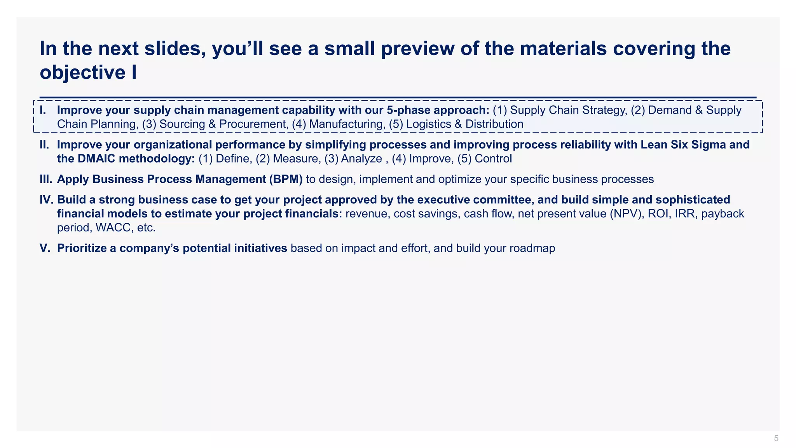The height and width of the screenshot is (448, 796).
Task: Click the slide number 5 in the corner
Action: click(776, 439)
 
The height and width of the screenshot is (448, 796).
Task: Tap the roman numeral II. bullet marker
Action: click(44, 145)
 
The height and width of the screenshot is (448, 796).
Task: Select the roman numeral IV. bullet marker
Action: click(47, 200)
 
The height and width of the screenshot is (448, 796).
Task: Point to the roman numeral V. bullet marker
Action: click(45, 248)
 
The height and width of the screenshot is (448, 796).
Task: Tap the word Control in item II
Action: click(493, 159)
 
